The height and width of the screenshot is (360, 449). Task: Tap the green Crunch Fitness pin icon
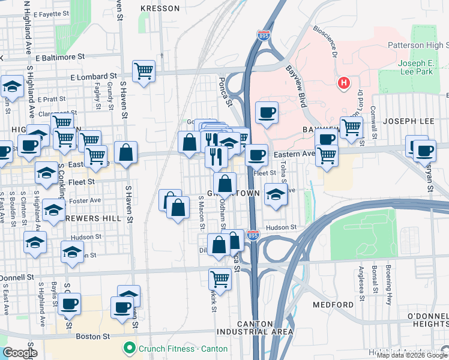pos(128,348)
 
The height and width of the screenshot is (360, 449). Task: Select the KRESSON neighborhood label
pos(160,8)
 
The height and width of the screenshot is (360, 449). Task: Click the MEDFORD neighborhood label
pos(333,305)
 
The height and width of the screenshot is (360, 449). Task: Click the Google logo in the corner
pos(19,353)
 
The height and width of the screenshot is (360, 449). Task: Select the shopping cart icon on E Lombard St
pos(143,71)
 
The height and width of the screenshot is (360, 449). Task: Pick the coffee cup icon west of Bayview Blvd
pos(267,112)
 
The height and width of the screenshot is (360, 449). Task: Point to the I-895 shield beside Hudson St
pos(253,235)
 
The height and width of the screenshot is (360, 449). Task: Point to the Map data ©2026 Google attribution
pos(412,355)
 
